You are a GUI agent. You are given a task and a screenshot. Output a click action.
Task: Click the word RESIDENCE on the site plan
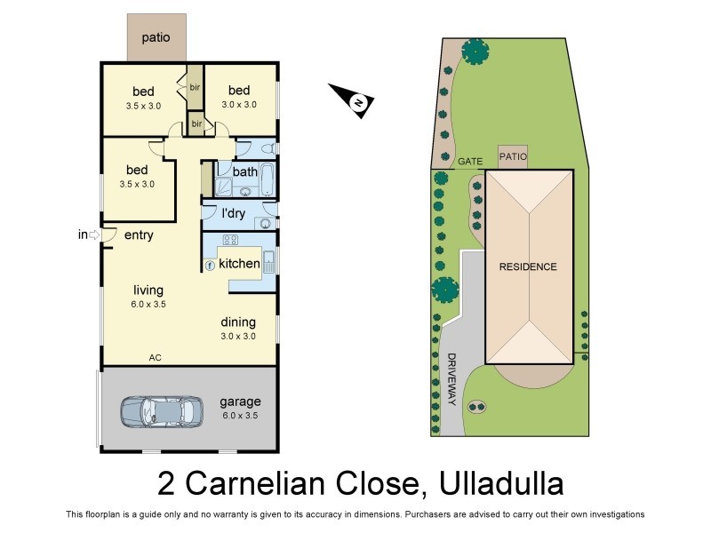click(x=528, y=266)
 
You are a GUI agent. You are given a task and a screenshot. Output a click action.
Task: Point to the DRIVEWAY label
click(x=451, y=380)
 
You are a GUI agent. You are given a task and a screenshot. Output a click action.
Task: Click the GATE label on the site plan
click(x=470, y=162)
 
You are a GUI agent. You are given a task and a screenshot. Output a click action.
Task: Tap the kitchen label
click(x=239, y=264)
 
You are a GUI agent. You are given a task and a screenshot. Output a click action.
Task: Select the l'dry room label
click(x=234, y=213)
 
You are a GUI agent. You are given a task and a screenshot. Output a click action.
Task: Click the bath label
click(x=244, y=171)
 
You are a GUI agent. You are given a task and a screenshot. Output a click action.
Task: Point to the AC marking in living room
click(x=155, y=357)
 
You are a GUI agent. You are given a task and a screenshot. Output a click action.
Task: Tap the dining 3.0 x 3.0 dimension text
click(x=238, y=336)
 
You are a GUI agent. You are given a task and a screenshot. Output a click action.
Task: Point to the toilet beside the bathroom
click(x=268, y=147)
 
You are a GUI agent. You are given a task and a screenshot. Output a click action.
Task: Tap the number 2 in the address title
click(x=165, y=485)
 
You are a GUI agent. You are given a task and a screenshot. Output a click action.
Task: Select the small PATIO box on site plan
click(x=513, y=156)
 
